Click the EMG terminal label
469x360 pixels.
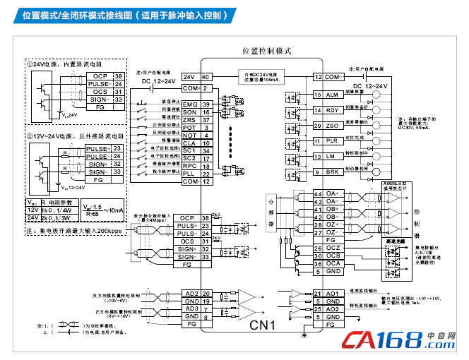point(190,104)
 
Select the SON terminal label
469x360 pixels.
point(190,112)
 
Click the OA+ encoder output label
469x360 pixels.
point(331,193)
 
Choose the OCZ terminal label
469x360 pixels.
point(333,248)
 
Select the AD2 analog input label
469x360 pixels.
point(190,294)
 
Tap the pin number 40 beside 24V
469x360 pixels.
point(206,77)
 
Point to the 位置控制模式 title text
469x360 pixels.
point(267,52)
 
